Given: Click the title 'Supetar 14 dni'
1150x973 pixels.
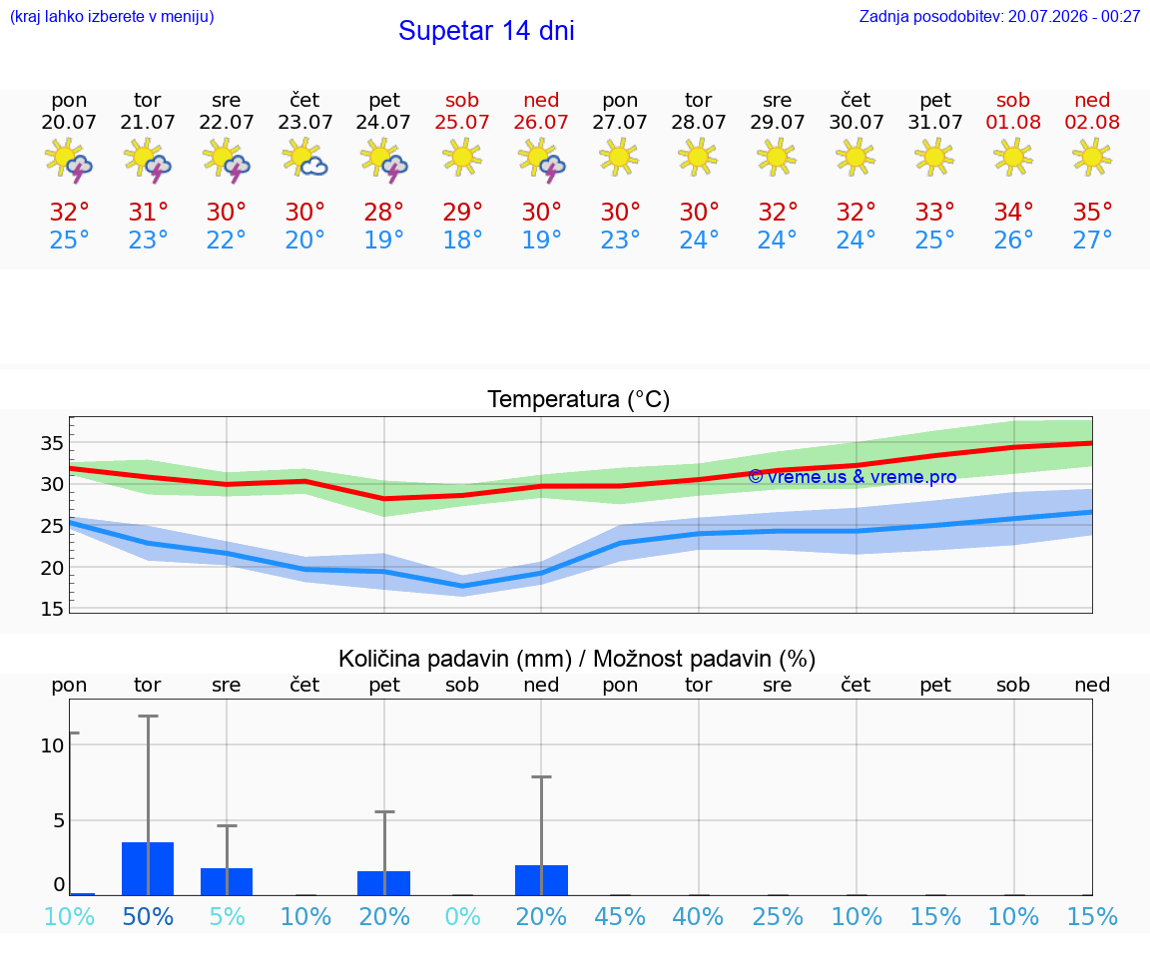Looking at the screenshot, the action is pyautogui.click(x=486, y=31).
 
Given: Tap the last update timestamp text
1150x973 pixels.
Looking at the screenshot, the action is pyautogui.click(x=999, y=16).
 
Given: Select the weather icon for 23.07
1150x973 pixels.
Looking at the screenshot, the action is pyautogui.click(x=304, y=158).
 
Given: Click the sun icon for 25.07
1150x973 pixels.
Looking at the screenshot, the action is pyautogui.click(x=462, y=158).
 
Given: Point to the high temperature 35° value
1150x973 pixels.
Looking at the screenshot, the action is pyautogui.click(x=1092, y=212).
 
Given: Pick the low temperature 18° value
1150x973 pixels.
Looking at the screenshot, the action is pyautogui.click(x=462, y=240).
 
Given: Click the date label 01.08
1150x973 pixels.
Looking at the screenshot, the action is pyautogui.click(x=1013, y=122).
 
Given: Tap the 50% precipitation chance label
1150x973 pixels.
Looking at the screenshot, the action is pyautogui.click(x=148, y=916).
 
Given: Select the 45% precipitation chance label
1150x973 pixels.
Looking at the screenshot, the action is pyautogui.click(x=620, y=916).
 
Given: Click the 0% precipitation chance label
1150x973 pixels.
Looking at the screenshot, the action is pyautogui.click(x=462, y=916).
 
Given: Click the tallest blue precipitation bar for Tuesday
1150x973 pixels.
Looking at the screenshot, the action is pyautogui.click(x=148, y=869).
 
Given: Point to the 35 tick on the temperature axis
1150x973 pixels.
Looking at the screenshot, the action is pyautogui.click(x=52, y=443).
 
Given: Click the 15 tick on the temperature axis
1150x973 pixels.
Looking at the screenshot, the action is pyautogui.click(x=52, y=609).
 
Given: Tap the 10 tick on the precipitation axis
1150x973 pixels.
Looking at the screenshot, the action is pyautogui.click(x=52, y=745).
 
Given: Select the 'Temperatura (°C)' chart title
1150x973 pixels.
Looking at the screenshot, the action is pyautogui.click(x=579, y=399).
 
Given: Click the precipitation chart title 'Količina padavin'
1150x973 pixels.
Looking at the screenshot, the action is pyautogui.click(x=455, y=659).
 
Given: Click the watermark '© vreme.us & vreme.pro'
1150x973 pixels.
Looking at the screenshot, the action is pyautogui.click(x=853, y=477).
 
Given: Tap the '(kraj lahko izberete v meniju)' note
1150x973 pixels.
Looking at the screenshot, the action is pyautogui.click(x=112, y=16).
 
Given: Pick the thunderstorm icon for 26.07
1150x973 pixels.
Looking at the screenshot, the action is pyautogui.click(x=541, y=159).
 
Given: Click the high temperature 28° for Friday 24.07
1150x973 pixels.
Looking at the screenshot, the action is pyautogui.click(x=383, y=212).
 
